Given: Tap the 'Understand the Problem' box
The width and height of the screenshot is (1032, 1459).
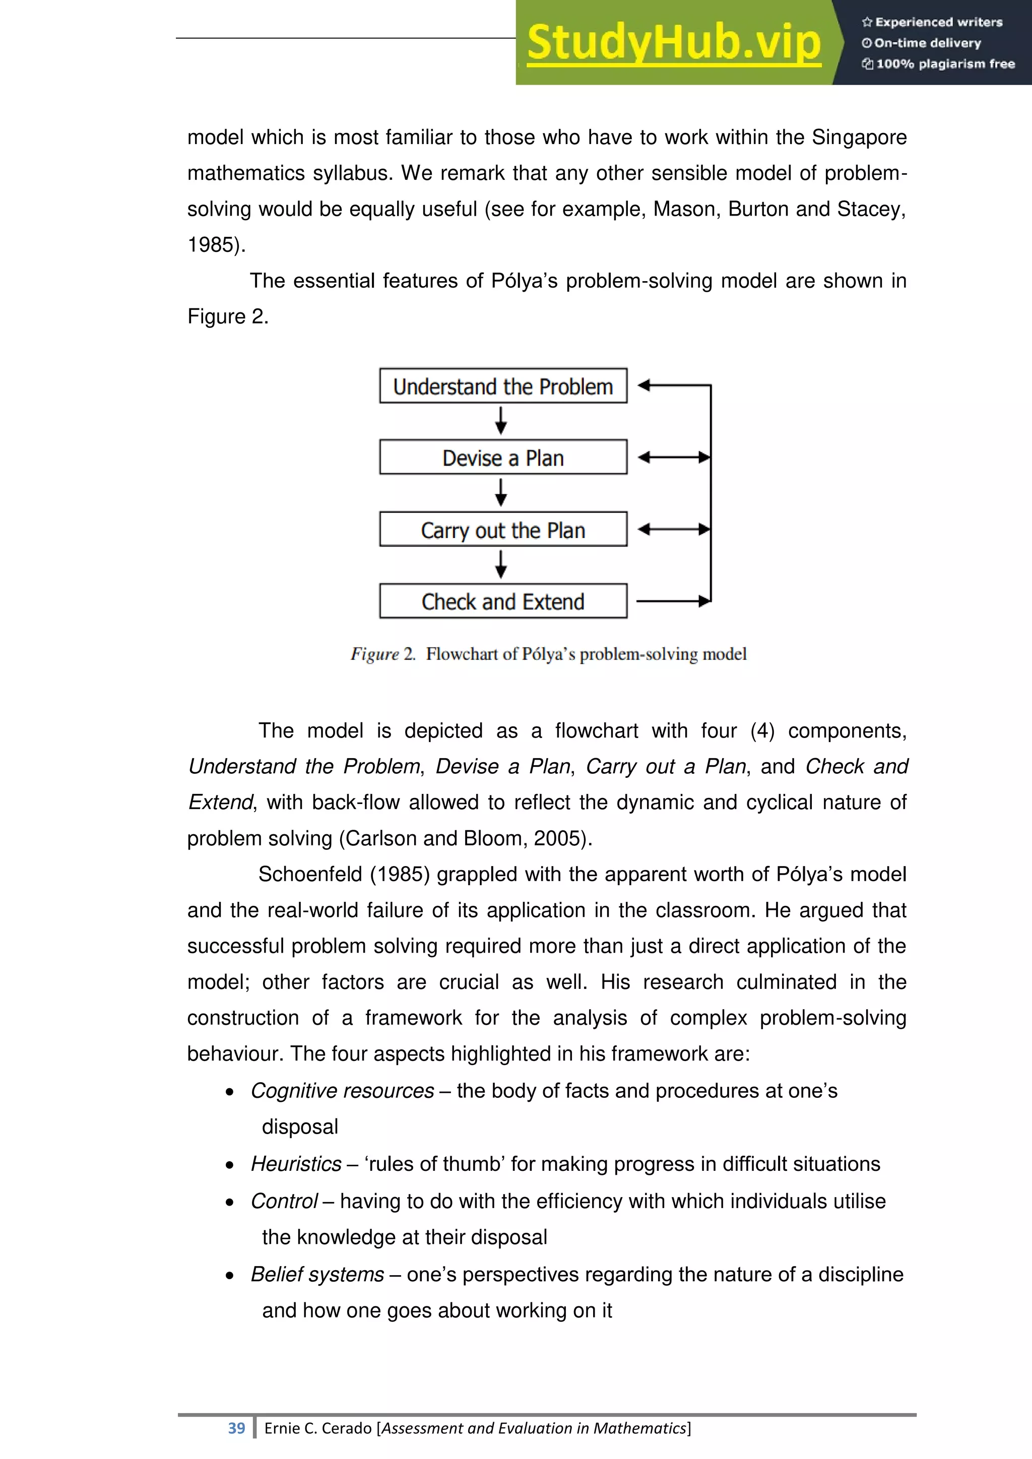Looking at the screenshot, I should [503, 386].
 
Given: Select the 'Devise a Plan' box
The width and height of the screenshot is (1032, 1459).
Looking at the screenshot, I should [503, 457].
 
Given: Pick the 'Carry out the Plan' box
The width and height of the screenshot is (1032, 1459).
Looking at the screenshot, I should [503, 529].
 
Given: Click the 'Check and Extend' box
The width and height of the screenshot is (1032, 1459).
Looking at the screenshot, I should [503, 601].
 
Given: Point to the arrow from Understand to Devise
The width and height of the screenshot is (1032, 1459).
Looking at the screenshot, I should [501, 421].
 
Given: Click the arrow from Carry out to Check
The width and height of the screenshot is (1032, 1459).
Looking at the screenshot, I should [501, 564].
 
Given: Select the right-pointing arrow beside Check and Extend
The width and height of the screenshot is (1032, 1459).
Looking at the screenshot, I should [673, 601].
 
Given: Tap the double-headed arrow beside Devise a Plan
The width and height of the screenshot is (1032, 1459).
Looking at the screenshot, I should [674, 457].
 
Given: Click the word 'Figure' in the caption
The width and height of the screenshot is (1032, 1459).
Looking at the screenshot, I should [374, 654].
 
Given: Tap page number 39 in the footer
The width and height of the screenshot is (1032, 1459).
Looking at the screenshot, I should [236, 1428].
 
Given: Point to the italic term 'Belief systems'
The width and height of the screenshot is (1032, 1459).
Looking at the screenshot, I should [317, 1275].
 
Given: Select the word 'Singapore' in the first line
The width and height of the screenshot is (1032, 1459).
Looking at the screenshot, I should [859, 137].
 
